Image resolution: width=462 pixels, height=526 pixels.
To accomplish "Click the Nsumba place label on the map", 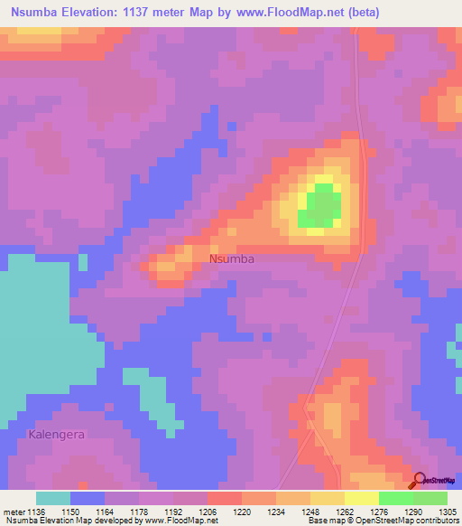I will pos(232,258).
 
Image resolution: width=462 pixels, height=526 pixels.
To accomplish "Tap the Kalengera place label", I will pos(56,435).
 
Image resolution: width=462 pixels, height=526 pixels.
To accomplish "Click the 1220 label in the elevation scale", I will pos(242,511).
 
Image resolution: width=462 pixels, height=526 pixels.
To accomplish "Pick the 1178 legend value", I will pos(139,511).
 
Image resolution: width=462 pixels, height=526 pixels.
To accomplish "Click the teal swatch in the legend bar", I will pos(53,498).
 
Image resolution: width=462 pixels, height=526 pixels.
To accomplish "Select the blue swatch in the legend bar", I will pos(88,498).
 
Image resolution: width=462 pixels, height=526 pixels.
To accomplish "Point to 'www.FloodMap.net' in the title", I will pos(280,13).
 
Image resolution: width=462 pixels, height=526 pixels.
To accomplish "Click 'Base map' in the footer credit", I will pos(324,521).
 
